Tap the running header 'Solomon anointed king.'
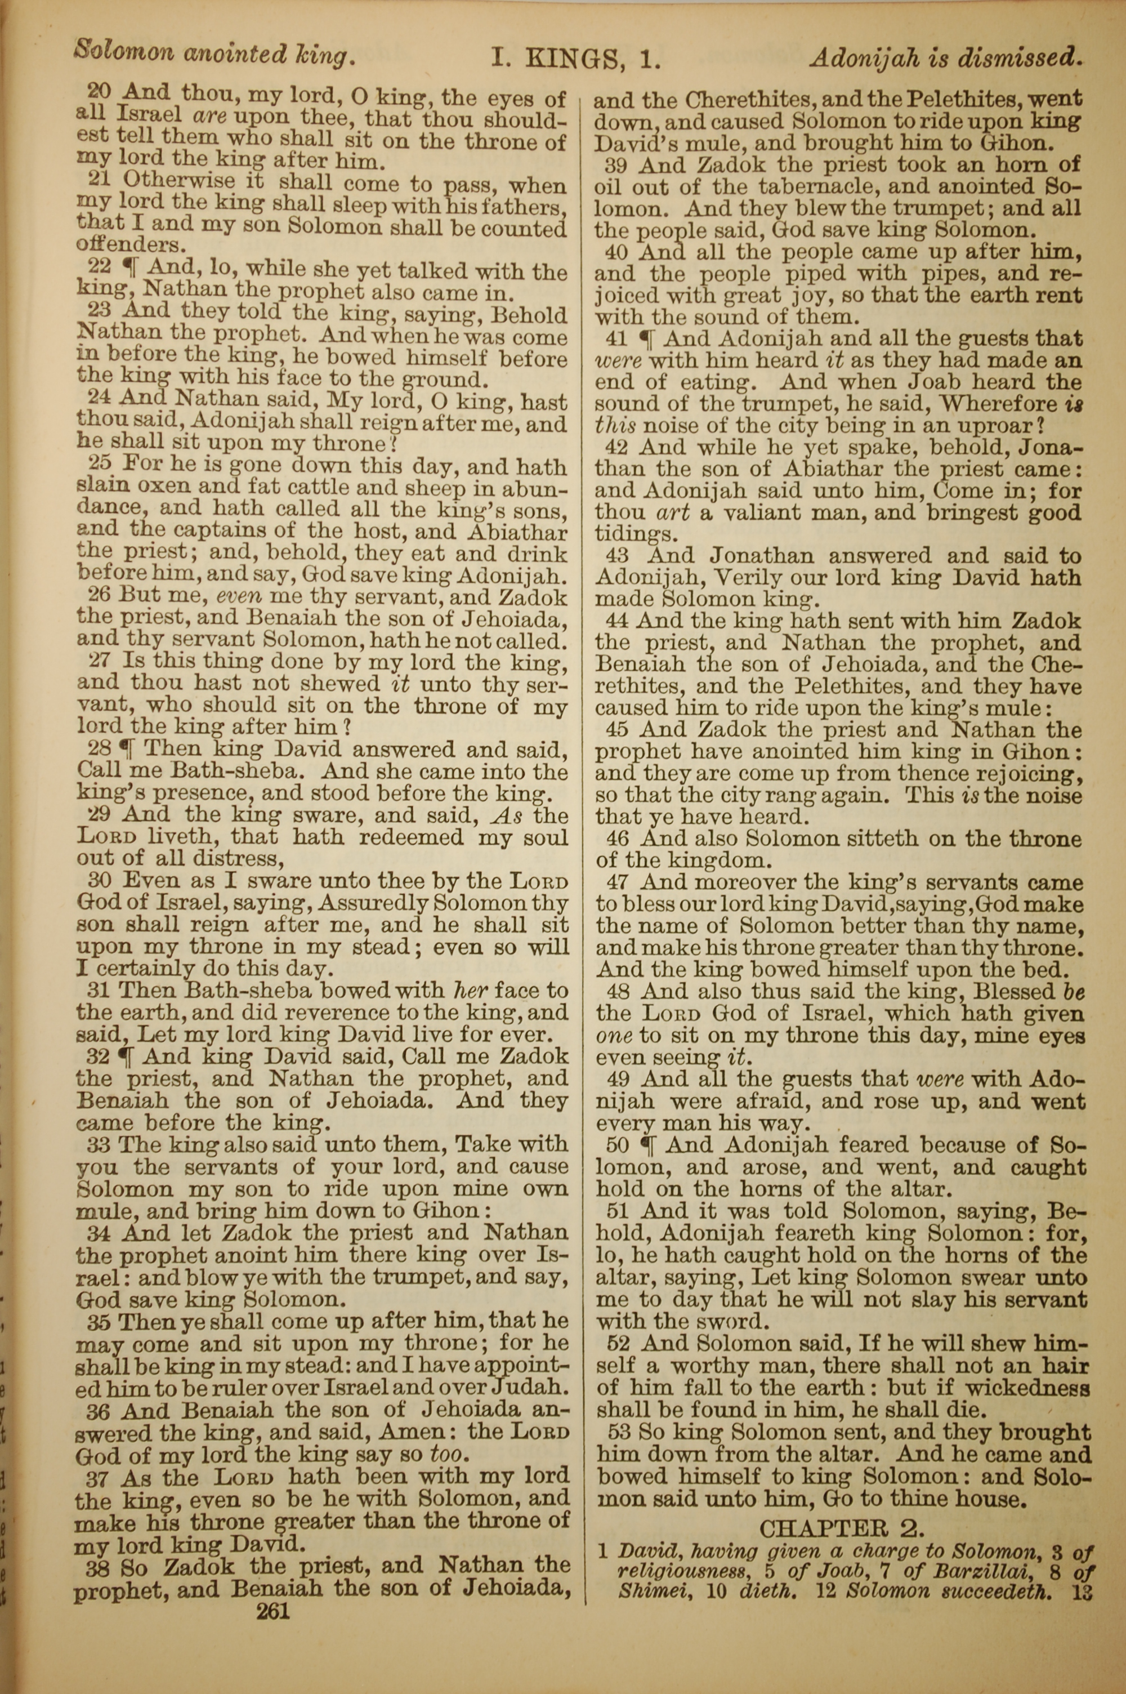[215, 55]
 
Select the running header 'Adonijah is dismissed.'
[946, 57]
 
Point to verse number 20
[99, 91]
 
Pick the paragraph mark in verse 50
[646, 1145]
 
